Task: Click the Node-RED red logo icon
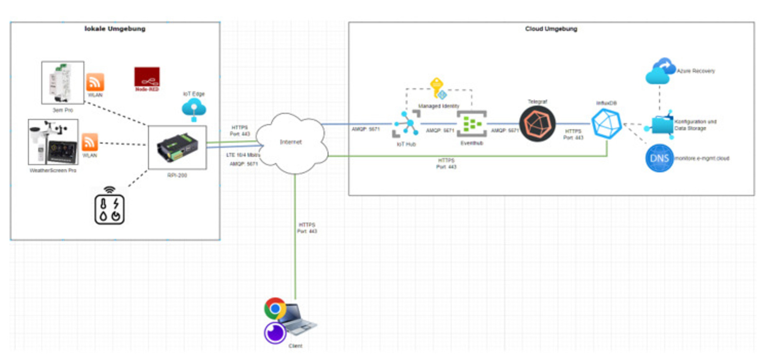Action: point(147,78)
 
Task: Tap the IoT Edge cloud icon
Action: point(194,108)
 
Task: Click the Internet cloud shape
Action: point(291,143)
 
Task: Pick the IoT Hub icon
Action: point(406,124)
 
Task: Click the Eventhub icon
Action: point(472,124)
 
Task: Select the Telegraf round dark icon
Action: point(537,124)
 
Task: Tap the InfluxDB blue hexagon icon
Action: point(607,124)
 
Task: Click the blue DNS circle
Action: point(659,158)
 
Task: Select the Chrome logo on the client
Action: point(275,308)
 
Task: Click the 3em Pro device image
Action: point(63,83)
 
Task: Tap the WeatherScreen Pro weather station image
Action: point(53,142)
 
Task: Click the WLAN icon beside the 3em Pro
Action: point(95,82)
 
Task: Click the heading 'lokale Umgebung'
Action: point(115,29)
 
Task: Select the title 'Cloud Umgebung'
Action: point(551,29)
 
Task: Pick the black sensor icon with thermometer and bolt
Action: point(109,208)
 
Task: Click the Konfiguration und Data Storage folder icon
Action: point(662,125)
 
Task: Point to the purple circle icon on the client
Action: point(275,333)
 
